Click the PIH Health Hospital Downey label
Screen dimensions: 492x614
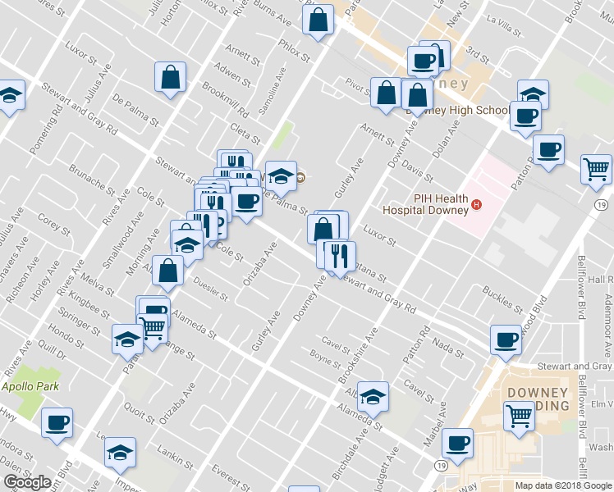tap(441, 203)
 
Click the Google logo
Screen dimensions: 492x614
tap(27, 482)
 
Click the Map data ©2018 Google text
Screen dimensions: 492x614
tap(562, 485)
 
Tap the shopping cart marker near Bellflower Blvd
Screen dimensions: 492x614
tap(596, 168)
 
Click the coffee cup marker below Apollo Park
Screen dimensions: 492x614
tap(57, 422)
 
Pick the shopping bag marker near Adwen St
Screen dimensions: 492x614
tap(170, 77)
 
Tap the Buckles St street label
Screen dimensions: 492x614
tap(502, 299)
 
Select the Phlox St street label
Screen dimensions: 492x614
tap(293, 51)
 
